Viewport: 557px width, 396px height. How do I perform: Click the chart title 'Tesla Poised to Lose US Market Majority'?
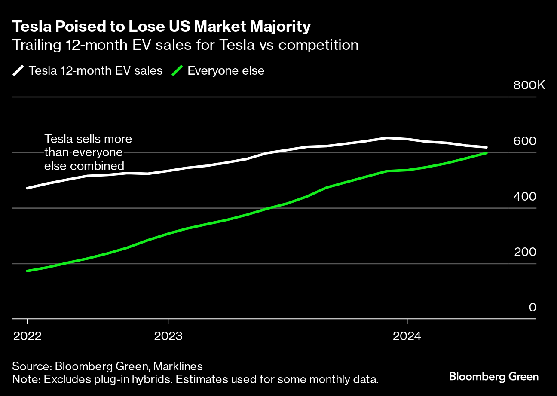click(161, 27)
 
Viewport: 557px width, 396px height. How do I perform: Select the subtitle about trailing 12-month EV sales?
click(185, 45)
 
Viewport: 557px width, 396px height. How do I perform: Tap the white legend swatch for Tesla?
click(19, 70)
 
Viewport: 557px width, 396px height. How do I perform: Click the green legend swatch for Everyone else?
click(178, 70)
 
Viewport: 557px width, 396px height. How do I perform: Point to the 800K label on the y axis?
click(529, 85)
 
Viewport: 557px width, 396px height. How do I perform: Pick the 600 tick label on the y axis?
click(525, 141)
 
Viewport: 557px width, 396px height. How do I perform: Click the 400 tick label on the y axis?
click(525, 196)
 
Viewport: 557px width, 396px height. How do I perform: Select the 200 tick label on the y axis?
click(525, 252)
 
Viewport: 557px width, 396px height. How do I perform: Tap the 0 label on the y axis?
click(533, 307)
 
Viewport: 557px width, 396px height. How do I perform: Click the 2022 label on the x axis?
click(28, 335)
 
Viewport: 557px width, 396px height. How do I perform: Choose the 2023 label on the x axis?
click(168, 335)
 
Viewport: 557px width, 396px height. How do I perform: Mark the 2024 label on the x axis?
click(407, 335)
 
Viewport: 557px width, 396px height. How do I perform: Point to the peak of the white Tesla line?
click(387, 138)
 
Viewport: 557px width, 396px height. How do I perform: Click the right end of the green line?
click(486, 153)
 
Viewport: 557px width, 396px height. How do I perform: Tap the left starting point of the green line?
click(28, 271)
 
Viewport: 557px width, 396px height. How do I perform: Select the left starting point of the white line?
click(28, 188)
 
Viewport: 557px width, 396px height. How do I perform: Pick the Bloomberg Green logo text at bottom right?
click(493, 377)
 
